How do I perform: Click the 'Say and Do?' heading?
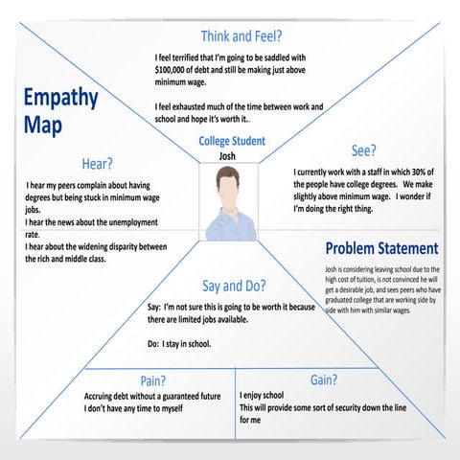coord(233,286)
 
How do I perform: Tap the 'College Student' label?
coord(232,142)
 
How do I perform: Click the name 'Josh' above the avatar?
coord(227,156)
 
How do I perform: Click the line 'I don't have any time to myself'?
coord(147,409)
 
